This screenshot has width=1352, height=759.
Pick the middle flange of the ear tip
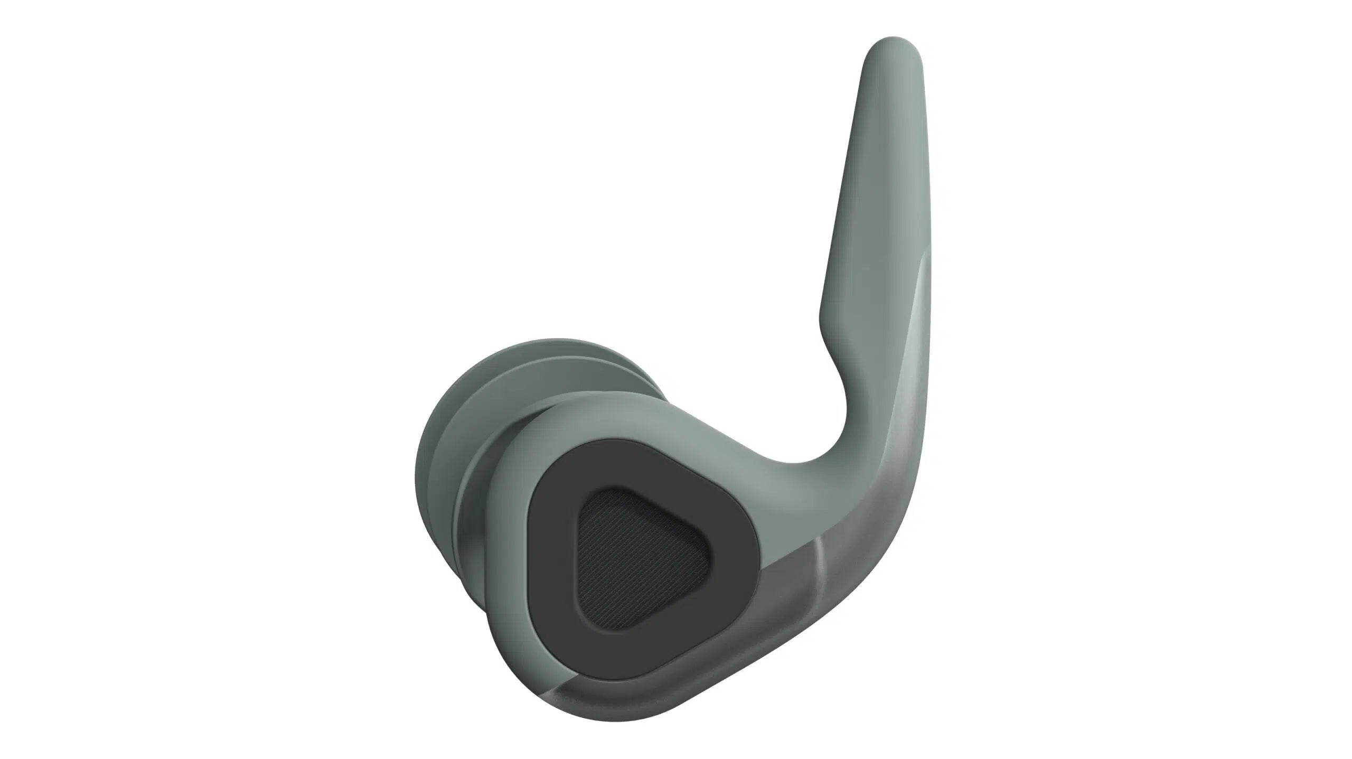[465, 475]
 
